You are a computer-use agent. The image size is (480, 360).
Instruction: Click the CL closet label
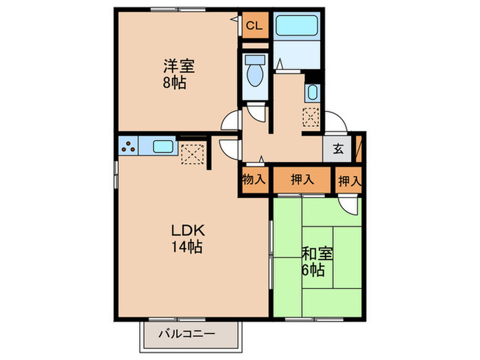254,27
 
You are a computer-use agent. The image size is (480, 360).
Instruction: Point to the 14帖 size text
186,247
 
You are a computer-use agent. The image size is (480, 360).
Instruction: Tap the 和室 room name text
317,253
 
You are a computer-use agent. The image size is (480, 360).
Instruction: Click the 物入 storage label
253,180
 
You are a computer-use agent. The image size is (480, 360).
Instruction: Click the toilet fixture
255,73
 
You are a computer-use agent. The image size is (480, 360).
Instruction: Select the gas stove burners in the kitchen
128,145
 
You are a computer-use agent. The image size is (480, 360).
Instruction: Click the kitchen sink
163,145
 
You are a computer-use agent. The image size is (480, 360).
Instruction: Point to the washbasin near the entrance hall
312,93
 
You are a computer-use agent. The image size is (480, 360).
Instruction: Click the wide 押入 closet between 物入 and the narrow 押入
302,180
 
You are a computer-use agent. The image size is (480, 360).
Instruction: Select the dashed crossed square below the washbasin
311,118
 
